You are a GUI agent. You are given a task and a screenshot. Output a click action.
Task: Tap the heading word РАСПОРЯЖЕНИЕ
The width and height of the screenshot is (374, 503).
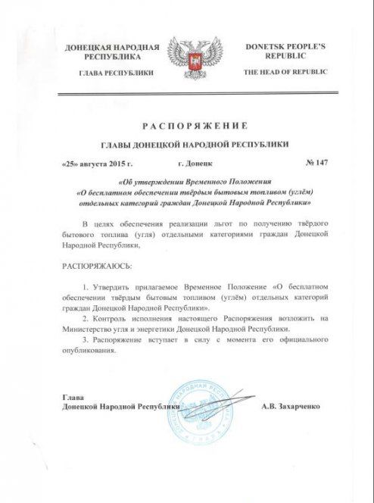187,124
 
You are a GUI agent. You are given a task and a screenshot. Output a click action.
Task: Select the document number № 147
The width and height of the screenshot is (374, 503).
302,163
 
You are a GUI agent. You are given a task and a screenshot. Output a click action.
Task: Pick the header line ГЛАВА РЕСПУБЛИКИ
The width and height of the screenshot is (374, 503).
112,72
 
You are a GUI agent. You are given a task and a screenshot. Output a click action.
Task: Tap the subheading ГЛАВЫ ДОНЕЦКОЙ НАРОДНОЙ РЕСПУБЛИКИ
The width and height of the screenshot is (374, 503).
187,144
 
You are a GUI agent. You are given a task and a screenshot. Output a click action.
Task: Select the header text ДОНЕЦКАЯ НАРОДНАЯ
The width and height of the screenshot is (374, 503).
112,47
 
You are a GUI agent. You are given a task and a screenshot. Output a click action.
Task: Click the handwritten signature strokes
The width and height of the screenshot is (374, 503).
220,401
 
